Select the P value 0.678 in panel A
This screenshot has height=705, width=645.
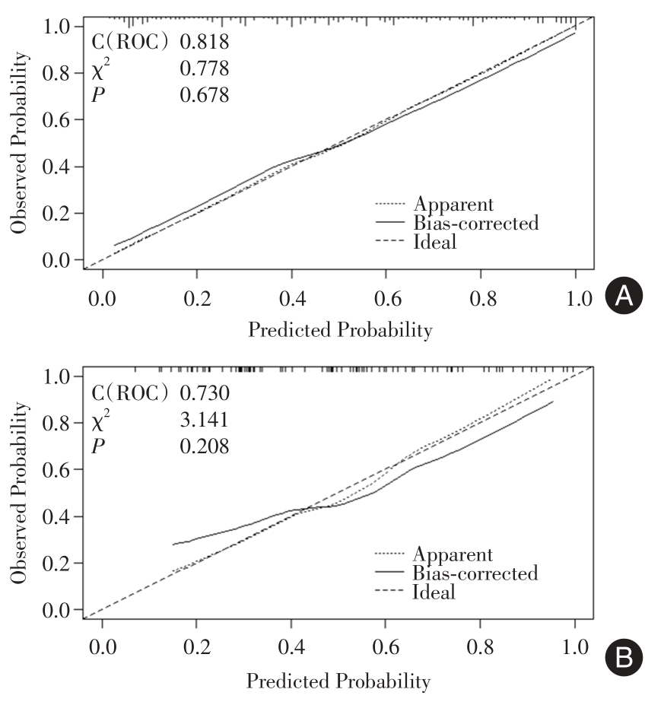(204, 95)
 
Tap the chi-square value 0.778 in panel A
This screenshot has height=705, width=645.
(204, 69)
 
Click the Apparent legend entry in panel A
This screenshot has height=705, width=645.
(453, 204)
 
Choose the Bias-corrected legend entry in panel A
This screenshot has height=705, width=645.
(475, 223)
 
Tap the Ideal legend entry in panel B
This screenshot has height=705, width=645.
(434, 591)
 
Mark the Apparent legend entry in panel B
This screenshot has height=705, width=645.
(453, 554)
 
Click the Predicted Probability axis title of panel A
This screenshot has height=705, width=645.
(339, 329)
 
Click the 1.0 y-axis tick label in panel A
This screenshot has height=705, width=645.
(60, 27)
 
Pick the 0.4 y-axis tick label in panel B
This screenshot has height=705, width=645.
(60, 516)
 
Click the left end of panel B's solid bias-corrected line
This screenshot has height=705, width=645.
(173, 545)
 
